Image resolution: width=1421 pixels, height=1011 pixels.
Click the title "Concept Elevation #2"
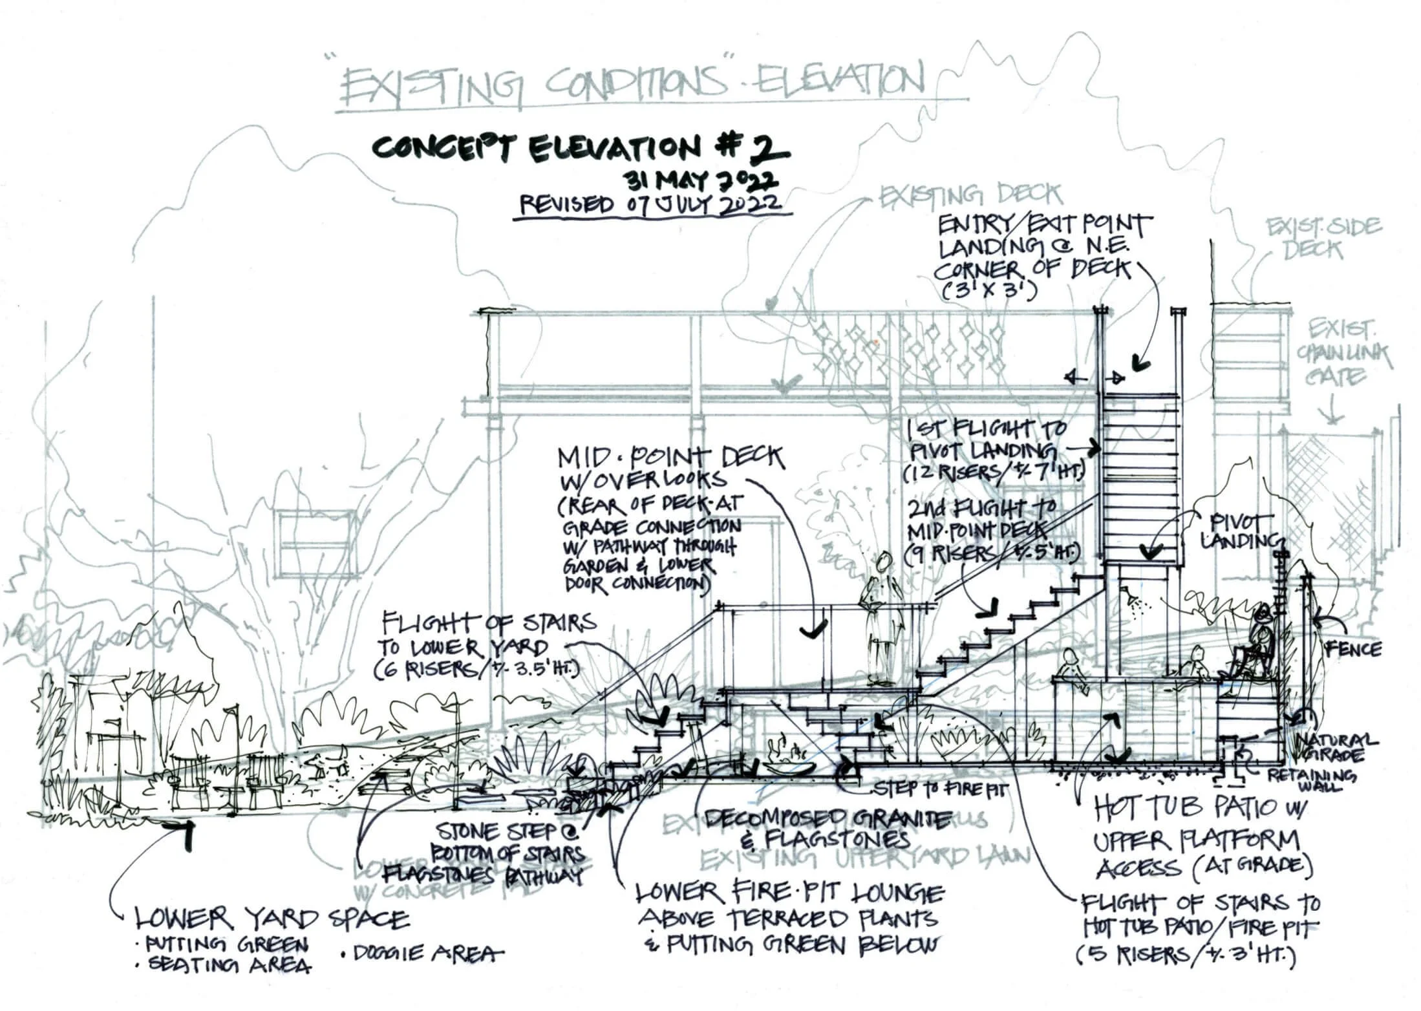point(580,149)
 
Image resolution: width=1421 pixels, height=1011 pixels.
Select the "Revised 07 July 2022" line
point(651,205)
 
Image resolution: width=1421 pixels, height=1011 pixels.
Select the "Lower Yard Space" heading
point(271,919)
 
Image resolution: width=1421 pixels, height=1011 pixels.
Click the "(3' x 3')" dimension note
point(989,292)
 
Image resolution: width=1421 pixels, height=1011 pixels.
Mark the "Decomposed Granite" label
point(827,820)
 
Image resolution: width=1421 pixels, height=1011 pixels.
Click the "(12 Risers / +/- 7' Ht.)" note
point(992,473)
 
